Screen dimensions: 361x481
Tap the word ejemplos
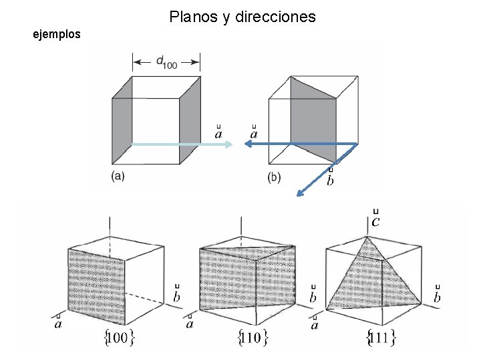57,33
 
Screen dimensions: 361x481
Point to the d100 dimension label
166,62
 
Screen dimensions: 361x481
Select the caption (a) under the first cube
118,176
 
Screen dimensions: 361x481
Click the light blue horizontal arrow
180,144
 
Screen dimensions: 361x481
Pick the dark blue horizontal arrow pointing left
301,143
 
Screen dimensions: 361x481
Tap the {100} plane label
120,338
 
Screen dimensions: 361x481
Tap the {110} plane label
253,338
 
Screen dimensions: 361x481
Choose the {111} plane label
381,338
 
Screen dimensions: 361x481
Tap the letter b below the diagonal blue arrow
331,181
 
